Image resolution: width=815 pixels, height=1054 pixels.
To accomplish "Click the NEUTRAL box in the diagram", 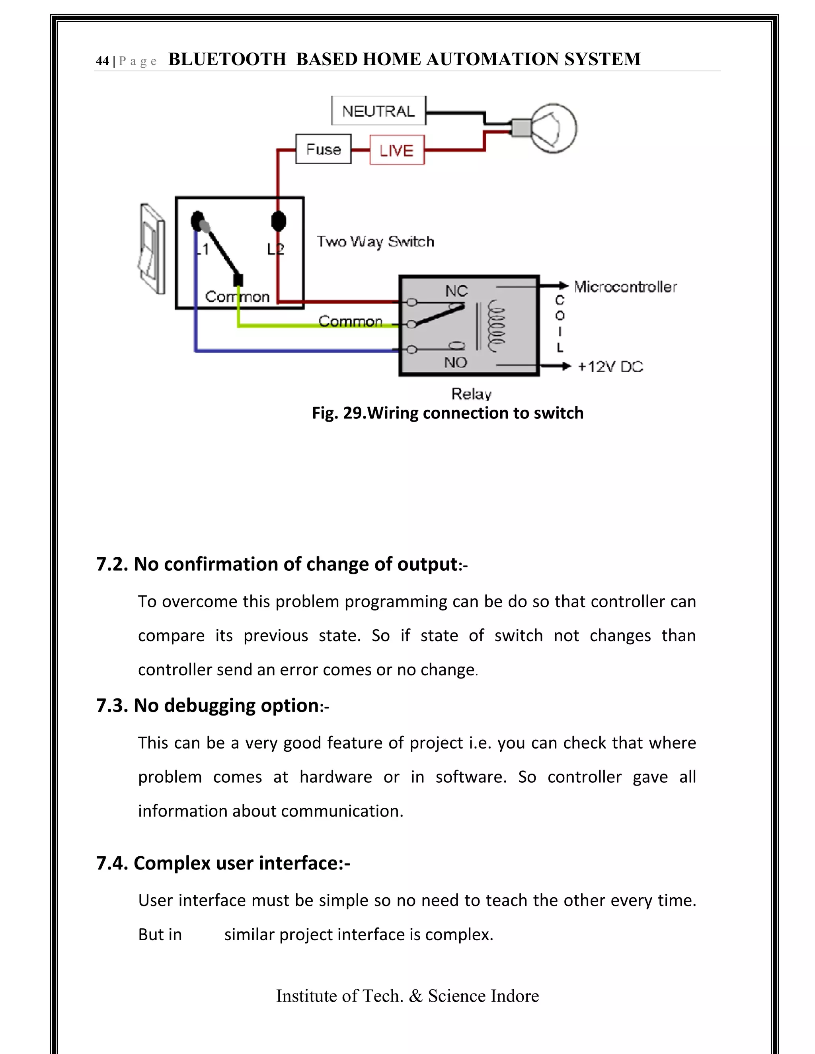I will coord(378,111).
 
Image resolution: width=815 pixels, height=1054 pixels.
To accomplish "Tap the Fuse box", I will coord(323,150).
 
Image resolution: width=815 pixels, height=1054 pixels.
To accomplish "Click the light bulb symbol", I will coord(552,128).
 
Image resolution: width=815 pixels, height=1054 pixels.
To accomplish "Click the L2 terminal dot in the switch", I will coord(279,222).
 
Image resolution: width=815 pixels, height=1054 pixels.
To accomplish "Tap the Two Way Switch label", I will coord(375,241).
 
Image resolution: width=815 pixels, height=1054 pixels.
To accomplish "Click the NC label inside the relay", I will coord(456,291).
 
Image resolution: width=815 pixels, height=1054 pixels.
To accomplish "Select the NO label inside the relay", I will coord(455,362).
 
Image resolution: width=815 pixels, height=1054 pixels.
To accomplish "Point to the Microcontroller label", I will coord(625,287).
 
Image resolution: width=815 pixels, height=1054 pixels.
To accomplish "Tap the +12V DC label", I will coord(610,367).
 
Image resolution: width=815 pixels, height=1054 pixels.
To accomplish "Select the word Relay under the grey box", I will coord(471,394).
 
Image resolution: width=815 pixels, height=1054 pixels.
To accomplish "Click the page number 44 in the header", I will coord(102,61).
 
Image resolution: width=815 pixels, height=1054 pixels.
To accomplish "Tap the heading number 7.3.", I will coord(112,706).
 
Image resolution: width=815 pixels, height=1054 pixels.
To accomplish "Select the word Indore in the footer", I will coord(514,996).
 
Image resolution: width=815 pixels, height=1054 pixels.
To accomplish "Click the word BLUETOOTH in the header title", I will coord(227,59).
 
